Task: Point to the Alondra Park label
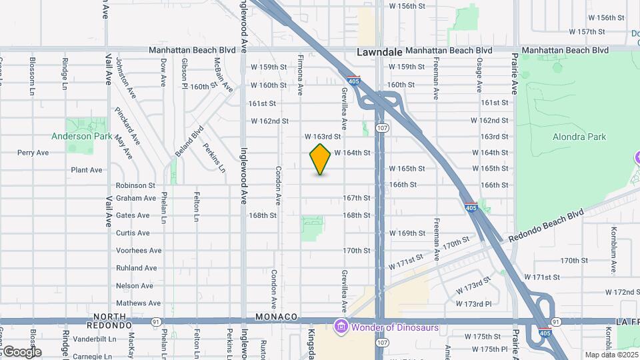pos(579,137)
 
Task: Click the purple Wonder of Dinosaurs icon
pos(341,326)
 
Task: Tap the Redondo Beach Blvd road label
pos(546,227)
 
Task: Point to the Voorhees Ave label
pos(139,251)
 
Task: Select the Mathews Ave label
pos(138,303)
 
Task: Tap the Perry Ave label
pos(33,153)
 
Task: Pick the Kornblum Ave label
pos(612,250)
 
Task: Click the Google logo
pos(21,352)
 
